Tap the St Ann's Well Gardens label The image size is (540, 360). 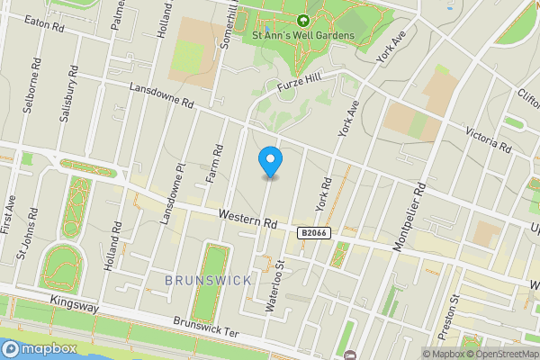coord(303,35)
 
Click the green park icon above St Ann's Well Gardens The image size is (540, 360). coord(302,19)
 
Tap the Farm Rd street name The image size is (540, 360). coord(213,162)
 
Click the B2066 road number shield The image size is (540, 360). coord(313,233)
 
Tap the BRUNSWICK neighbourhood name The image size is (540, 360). coord(209,281)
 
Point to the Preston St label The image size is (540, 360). coord(454,310)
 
